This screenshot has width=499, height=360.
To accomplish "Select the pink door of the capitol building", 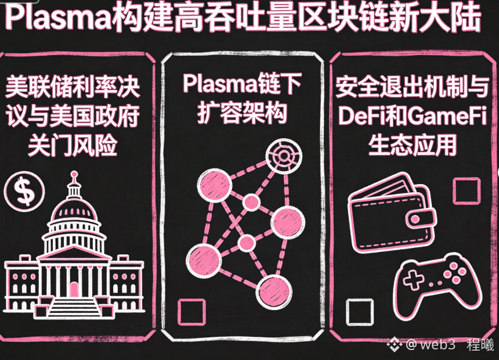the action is click(74, 289).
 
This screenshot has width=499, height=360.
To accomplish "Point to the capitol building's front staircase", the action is click(74, 305).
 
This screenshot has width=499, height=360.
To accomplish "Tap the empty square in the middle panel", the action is click(191, 312).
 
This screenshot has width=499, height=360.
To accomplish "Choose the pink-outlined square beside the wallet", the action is click(466, 191).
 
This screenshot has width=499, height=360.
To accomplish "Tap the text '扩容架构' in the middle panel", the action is click(243, 114).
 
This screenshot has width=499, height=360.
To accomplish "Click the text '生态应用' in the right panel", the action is click(412, 146).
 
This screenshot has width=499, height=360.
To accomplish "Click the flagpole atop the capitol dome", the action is click(74, 177).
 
